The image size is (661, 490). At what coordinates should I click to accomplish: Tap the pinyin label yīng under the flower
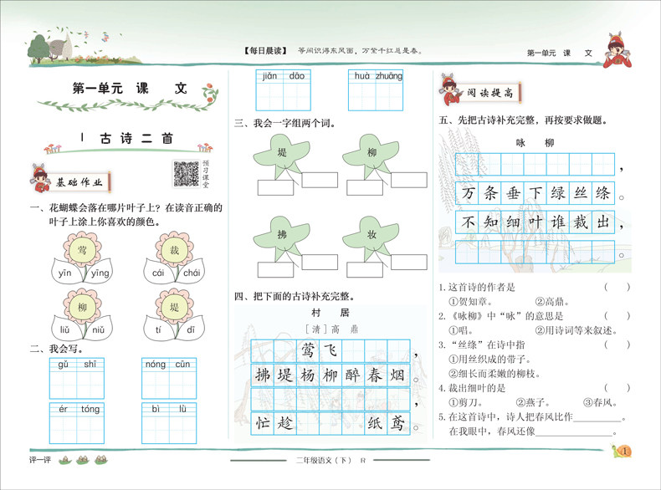click(x=100, y=273)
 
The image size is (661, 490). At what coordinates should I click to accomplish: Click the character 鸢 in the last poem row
click(x=399, y=422)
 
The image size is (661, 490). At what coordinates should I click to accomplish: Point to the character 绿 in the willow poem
click(x=556, y=194)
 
